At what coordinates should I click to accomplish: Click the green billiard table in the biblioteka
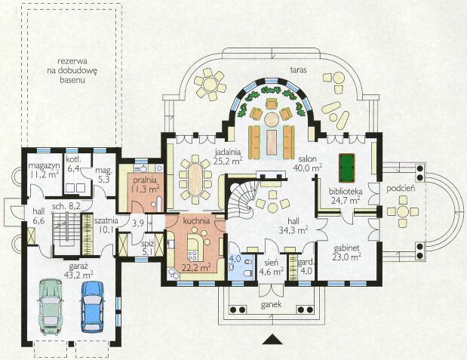347,168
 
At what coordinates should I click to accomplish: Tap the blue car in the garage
92,306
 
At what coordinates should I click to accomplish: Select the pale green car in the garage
51,306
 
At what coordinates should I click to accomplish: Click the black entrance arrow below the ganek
272,340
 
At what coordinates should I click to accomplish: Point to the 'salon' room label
309,158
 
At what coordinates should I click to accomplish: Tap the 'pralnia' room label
145,180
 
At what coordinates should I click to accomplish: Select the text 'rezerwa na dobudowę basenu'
72,71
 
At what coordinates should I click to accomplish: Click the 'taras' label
299,70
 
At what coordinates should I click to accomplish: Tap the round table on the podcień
402,212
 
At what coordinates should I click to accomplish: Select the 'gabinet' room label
346,248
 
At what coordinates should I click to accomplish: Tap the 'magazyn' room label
44,166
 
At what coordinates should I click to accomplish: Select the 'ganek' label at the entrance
272,305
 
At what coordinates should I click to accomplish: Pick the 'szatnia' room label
106,221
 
